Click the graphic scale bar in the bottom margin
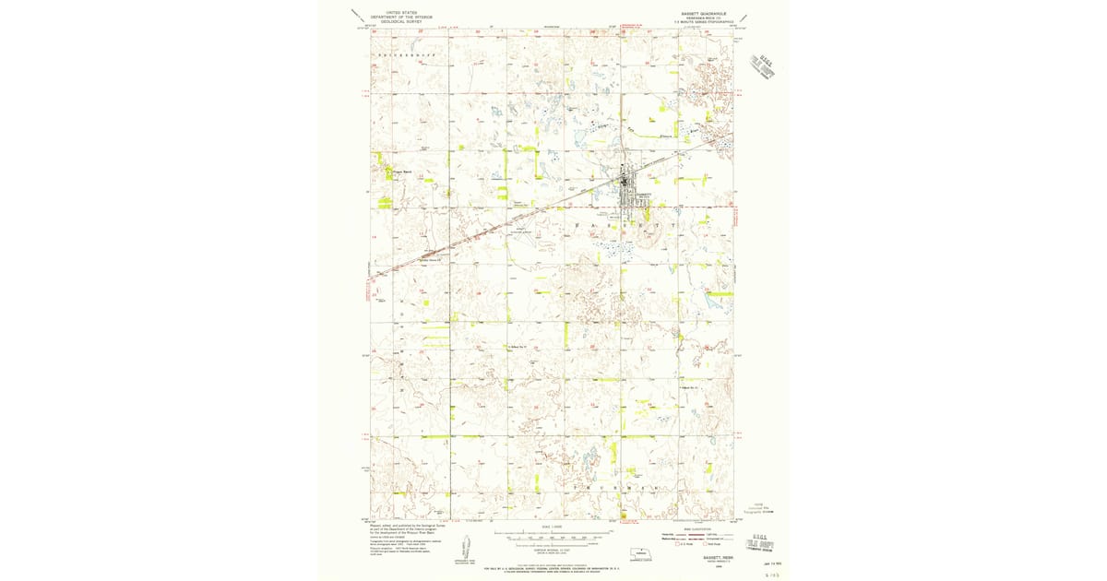(553, 534)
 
